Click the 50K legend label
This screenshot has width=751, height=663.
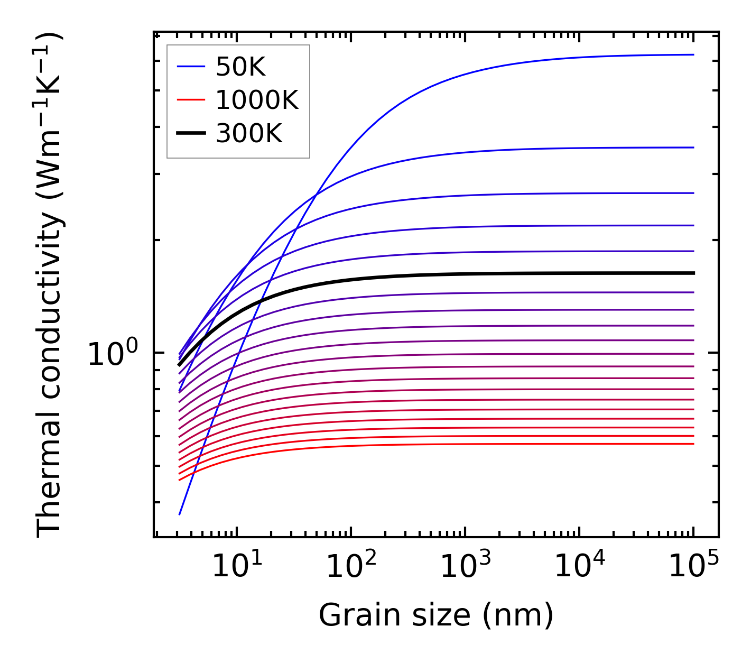(240, 67)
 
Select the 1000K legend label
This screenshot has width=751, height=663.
(257, 100)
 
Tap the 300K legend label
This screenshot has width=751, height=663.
(249, 134)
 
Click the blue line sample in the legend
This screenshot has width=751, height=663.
(190, 67)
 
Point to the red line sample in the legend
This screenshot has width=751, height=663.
(190, 100)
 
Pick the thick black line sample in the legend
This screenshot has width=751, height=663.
(190, 134)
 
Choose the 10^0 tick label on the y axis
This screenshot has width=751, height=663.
(113, 353)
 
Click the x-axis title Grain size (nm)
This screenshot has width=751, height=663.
(436, 615)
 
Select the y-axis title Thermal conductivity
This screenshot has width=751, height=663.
(50, 286)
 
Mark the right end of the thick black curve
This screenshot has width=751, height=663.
(693, 273)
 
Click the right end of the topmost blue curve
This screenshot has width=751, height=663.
(693, 54)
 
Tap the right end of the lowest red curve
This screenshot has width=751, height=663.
(693, 444)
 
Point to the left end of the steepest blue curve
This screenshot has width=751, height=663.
(180, 514)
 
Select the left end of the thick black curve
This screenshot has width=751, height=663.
(179, 365)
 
